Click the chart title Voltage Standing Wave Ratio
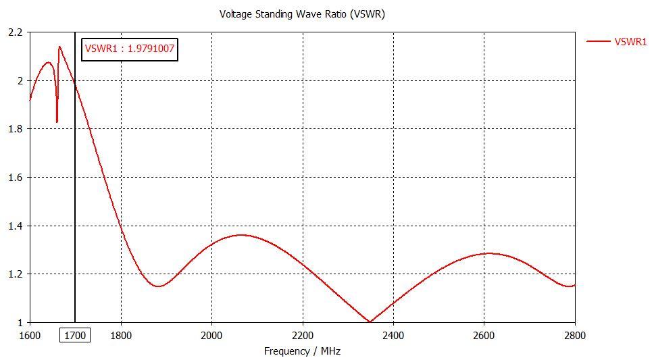tap(302, 14)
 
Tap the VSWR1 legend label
tap(630, 41)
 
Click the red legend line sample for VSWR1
tap(598, 41)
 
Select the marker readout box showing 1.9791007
tap(130, 49)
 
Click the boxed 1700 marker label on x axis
tap(74, 334)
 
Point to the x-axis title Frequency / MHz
tap(302, 351)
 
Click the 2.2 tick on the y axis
tap(15, 32)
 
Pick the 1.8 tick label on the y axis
tap(15, 129)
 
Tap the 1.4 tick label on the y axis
tap(15, 226)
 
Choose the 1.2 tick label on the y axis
tap(15, 274)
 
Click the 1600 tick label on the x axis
tap(30, 334)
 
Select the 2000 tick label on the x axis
tap(211, 334)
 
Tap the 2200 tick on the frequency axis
tap(303, 334)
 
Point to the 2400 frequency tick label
tap(393, 334)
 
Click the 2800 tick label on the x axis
tap(574, 334)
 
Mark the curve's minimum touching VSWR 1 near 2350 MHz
tap(370, 322)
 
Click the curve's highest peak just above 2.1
tap(59, 47)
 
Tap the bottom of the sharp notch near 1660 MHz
tap(57, 122)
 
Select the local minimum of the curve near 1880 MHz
tap(158, 286)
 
